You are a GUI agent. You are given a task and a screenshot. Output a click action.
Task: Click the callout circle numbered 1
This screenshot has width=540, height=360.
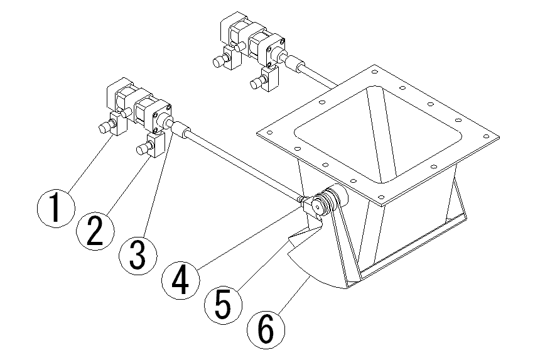click(55, 209)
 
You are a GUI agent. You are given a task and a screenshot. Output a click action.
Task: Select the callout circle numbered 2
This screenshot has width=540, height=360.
click(95, 231)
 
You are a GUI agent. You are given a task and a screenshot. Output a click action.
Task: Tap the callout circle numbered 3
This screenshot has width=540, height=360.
click(138, 256)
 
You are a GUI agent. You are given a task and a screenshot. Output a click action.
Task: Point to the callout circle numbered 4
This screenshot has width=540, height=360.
click(181, 280)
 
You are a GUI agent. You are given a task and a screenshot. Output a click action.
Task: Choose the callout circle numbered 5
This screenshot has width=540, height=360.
click(223, 305)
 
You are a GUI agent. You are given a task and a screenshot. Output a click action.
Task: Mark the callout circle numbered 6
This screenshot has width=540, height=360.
click(266, 329)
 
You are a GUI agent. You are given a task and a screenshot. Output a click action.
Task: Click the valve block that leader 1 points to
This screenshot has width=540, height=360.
click(118, 124)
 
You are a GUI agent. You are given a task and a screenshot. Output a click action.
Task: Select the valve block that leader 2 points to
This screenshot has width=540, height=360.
click(155, 145)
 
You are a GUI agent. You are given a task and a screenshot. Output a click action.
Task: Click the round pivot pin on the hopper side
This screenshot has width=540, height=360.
click(317, 207)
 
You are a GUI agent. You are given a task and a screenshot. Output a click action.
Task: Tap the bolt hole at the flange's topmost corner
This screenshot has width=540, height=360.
click(375, 72)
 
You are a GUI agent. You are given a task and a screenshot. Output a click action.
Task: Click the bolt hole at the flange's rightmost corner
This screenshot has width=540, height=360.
click(487, 136)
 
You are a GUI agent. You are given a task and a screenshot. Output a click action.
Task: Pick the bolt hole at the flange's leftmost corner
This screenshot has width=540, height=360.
click(269, 133)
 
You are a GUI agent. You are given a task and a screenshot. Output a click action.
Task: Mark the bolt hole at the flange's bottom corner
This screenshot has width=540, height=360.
click(381, 197)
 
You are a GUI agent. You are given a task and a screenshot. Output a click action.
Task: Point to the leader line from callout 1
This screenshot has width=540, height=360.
click(92, 163)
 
